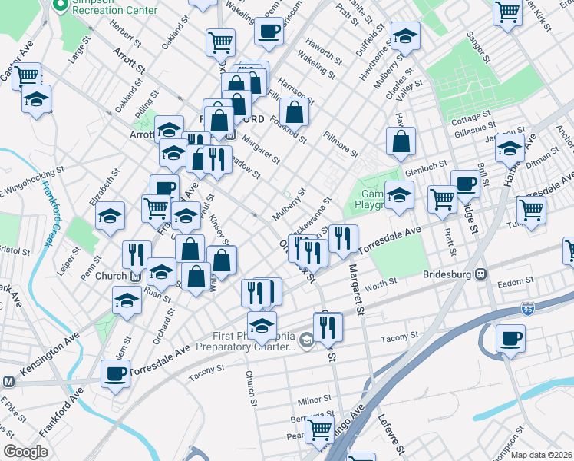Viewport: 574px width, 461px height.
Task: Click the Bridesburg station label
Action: coord(450,274)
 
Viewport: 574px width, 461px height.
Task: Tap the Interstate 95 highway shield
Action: coord(526,308)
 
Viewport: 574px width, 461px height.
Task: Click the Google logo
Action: coord(25,451)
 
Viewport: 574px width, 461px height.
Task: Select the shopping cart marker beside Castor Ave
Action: coord(26,76)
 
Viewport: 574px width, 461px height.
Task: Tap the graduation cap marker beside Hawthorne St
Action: coord(404,35)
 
